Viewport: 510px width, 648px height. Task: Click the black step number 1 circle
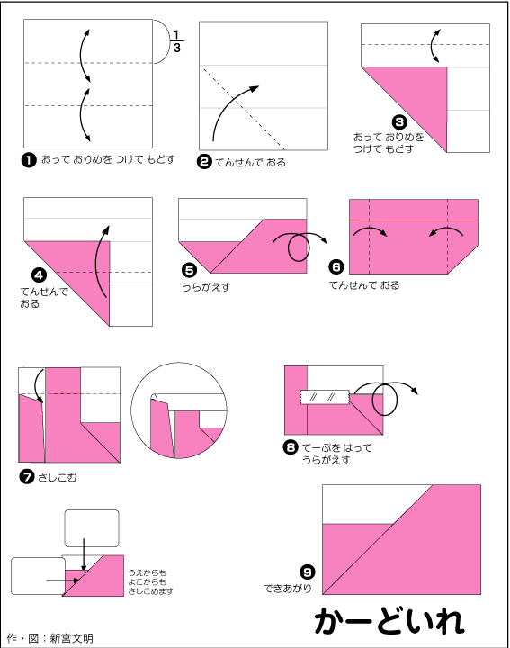pyautogui.click(x=29, y=160)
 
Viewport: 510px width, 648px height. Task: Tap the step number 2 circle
pyautogui.click(x=204, y=162)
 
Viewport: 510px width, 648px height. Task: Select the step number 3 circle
pyautogui.click(x=399, y=122)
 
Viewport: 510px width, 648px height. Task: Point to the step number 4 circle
pyautogui.click(x=39, y=275)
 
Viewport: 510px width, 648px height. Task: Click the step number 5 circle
pyautogui.click(x=189, y=271)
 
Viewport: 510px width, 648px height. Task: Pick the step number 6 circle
pyautogui.click(x=336, y=267)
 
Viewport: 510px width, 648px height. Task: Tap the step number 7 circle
pyautogui.click(x=27, y=477)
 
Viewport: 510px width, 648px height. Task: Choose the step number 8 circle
pyautogui.click(x=291, y=446)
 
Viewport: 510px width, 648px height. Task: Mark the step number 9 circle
pyautogui.click(x=308, y=572)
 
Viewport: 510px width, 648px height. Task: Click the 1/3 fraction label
pyautogui.click(x=176, y=41)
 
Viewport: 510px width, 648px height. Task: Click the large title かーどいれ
pyautogui.click(x=389, y=621)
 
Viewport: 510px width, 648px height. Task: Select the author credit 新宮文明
pyautogui.click(x=71, y=638)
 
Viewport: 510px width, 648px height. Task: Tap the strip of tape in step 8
pyautogui.click(x=324, y=397)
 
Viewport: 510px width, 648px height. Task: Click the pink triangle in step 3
pyautogui.click(x=417, y=95)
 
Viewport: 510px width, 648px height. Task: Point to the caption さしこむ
pyautogui.click(x=57, y=478)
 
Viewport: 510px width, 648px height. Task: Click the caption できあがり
pyautogui.click(x=288, y=588)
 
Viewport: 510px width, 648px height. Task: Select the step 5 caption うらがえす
pyautogui.click(x=207, y=287)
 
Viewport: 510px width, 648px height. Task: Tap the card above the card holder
pyautogui.click(x=92, y=528)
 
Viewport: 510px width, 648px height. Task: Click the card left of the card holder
pyautogui.click(x=38, y=576)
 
